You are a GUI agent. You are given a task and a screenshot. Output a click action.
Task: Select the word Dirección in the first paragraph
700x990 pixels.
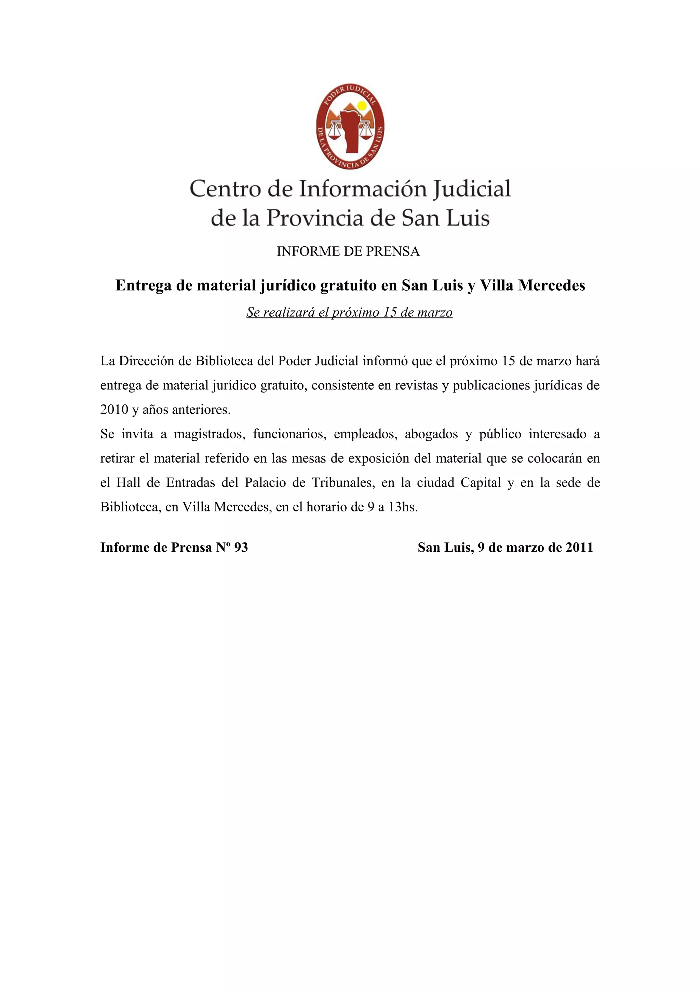[155, 361]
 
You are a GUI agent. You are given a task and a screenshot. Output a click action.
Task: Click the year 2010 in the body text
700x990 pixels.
[114, 410]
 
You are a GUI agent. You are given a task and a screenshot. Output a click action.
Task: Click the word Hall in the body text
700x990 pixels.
[128, 482]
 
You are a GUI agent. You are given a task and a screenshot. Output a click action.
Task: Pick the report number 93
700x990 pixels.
[241, 548]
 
